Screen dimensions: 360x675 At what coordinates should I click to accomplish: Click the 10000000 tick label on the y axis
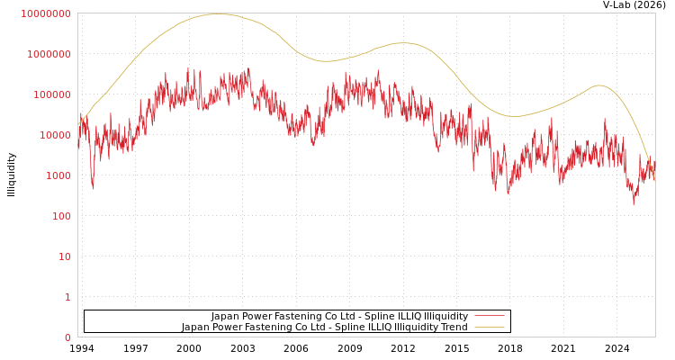pos(45,13)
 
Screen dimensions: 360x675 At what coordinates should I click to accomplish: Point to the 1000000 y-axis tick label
pos(49,54)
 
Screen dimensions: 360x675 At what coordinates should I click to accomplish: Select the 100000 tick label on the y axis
pos(51,94)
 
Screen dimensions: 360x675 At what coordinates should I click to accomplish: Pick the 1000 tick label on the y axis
pos(58,175)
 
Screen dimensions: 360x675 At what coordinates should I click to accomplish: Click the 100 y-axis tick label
pos(61,216)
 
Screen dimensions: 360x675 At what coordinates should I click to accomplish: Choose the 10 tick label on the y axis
pos(65,256)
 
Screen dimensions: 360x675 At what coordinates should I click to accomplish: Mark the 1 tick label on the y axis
pos(67,297)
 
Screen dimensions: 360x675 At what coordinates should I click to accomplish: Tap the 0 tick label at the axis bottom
pos(67,337)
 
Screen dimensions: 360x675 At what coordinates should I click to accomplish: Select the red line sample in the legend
pos(489,317)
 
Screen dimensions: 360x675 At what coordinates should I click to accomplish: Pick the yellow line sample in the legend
pos(489,328)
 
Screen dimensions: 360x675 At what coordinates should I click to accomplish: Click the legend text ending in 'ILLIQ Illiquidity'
pos(339,317)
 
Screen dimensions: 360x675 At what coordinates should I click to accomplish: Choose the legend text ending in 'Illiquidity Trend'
pos(324,328)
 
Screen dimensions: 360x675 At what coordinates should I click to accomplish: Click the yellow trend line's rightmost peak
pos(599,85)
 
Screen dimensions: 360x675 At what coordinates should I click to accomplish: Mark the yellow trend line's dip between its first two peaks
pos(326,61)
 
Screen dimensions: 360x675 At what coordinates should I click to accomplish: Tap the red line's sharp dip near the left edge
pos(93,186)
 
